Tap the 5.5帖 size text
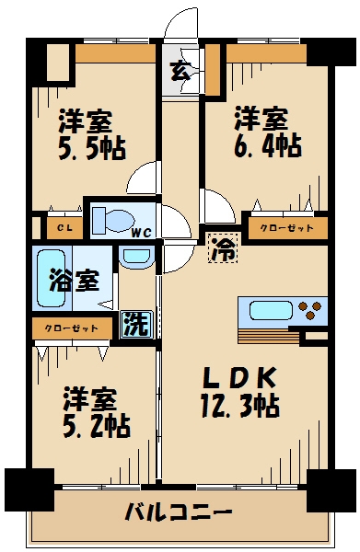coord(92,147)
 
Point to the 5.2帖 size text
coord(96,426)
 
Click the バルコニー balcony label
coord(179,512)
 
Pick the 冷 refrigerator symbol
coord(222,247)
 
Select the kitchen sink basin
coord(268,308)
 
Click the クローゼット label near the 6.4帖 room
coord(281,226)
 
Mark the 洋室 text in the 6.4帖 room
coord(260,118)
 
